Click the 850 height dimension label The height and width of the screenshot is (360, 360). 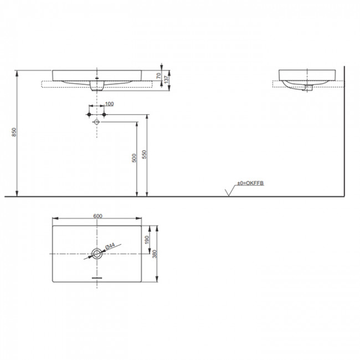click(14, 133)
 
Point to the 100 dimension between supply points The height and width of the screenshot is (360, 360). click(109, 104)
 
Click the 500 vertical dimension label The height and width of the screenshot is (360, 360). click(134, 158)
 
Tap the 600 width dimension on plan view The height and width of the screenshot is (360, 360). click(98, 217)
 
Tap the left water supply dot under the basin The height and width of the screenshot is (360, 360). click(89, 114)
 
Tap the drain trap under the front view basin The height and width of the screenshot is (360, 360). click(96, 86)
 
